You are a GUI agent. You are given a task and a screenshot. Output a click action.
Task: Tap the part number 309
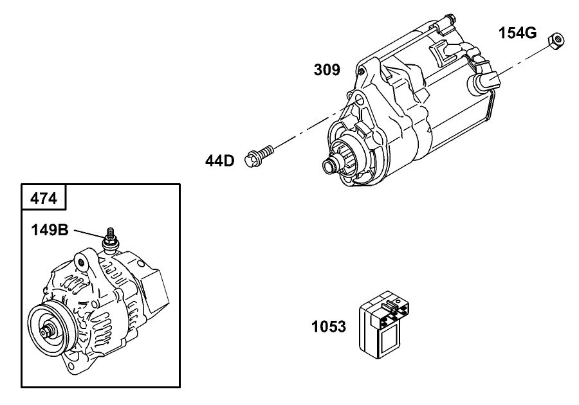(327, 69)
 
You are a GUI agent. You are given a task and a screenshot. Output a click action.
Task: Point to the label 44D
(220, 160)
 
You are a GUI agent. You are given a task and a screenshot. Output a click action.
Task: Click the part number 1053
(329, 327)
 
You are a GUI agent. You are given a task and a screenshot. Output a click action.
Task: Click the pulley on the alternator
(49, 332)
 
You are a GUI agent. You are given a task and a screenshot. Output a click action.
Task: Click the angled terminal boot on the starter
(485, 80)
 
